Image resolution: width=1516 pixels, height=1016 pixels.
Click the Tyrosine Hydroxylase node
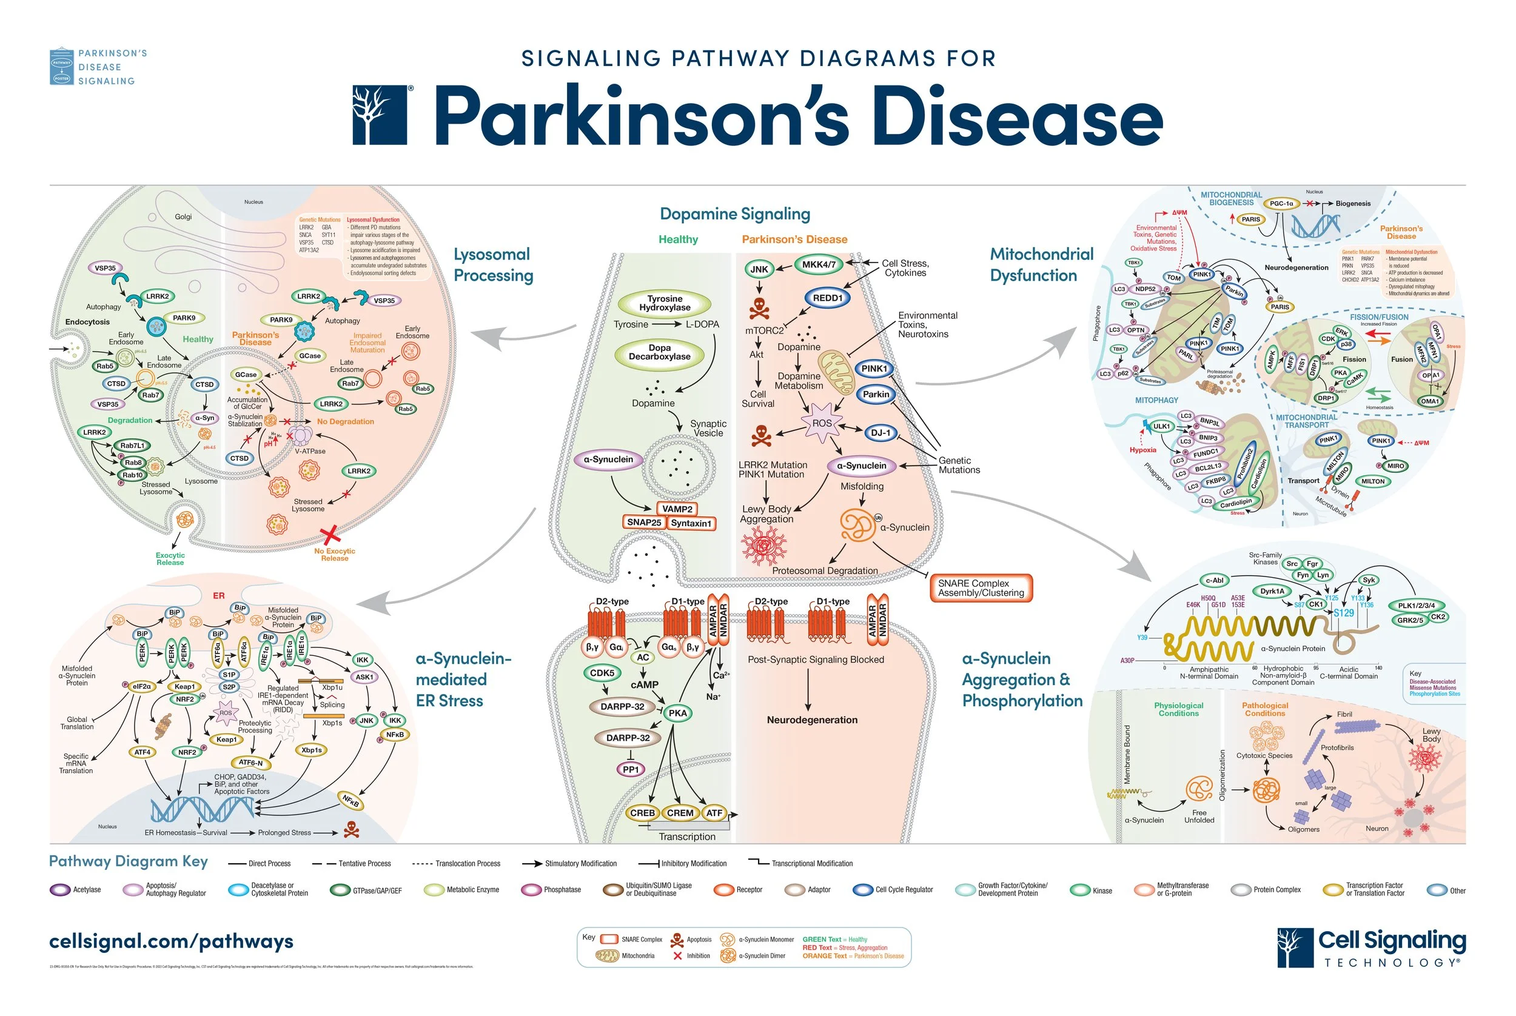[x=665, y=303]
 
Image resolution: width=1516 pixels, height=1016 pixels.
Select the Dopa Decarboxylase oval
[x=659, y=352]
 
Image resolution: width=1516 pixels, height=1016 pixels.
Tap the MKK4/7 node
[x=819, y=264]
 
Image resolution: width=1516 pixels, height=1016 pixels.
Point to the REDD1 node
[x=828, y=298]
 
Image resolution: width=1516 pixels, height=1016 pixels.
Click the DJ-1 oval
[x=880, y=433]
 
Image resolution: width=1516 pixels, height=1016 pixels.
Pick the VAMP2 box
[x=677, y=509]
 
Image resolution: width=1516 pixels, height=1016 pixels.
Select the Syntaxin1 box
[x=691, y=523]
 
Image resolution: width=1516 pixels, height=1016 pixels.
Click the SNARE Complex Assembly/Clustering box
[x=981, y=587]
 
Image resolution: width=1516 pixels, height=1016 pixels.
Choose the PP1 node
[x=631, y=769]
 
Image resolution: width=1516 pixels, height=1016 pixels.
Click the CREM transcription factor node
[x=680, y=812]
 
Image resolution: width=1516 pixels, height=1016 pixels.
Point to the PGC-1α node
[x=1281, y=204]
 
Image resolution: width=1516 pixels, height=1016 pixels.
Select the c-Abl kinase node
[x=1214, y=581]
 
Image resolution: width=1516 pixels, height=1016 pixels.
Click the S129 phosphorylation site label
[x=1343, y=613]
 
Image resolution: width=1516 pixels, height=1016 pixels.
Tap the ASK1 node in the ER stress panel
[x=364, y=677]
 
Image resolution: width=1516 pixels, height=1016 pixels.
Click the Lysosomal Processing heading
[x=492, y=264]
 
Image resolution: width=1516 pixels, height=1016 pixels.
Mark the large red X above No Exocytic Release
[x=331, y=535]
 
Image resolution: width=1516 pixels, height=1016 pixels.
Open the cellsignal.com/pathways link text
[x=171, y=941]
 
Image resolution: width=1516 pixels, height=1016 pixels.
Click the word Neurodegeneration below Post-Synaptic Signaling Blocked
[x=811, y=720]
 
